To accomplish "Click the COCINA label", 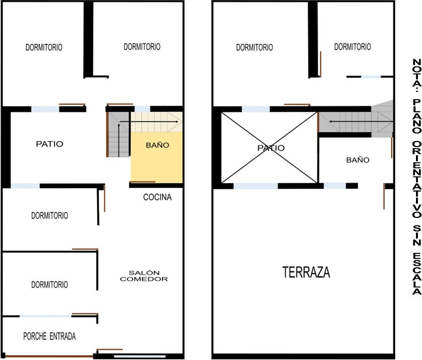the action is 157,197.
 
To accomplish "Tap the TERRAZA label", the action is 306,272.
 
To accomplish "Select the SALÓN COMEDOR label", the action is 144,276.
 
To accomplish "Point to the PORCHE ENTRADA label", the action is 49,336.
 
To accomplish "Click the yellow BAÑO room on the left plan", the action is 156,157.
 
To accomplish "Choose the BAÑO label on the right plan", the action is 358,160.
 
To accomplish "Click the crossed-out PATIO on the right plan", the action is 269,148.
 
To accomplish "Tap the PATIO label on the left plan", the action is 49,144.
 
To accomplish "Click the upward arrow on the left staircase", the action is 119,140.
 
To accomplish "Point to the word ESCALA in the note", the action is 417,273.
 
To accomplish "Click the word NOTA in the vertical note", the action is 417,73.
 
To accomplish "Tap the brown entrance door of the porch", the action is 49,356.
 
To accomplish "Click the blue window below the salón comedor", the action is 139,356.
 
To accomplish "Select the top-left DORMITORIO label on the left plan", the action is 44,47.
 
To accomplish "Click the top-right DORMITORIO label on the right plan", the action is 353,47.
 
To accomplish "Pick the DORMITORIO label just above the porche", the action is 49,284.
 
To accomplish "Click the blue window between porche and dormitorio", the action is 45,316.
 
